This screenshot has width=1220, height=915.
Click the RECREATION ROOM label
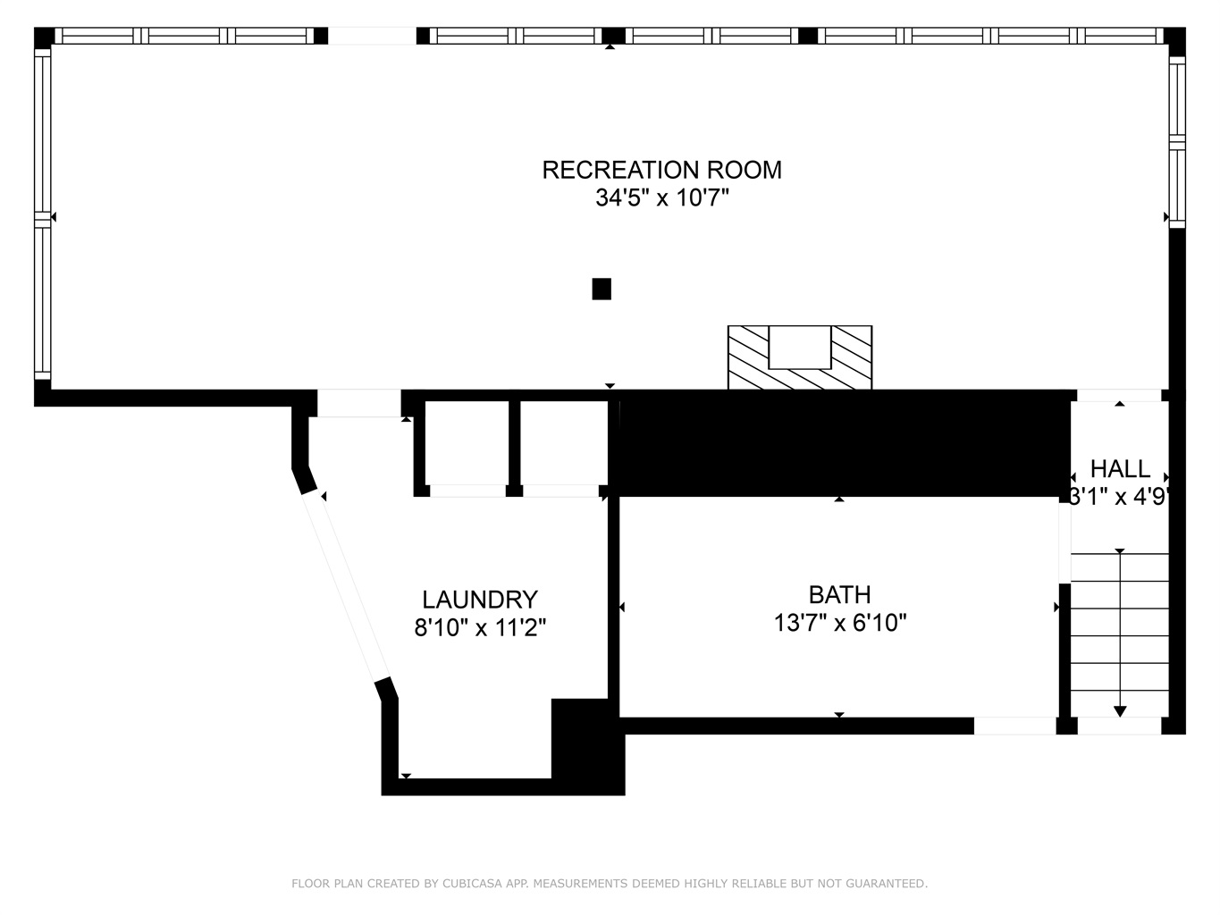click(661, 170)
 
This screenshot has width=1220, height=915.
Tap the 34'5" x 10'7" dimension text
click(661, 197)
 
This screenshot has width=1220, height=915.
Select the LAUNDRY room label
click(480, 600)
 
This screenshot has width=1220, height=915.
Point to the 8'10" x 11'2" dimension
click(480, 628)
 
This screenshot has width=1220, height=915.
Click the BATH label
click(839, 595)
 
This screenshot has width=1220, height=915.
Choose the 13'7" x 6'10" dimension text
click(839, 623)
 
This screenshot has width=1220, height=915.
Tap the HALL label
click(1120, 469)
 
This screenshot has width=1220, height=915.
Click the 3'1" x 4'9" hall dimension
click(1120, 497)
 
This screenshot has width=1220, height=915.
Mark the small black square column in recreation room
click(602, 289)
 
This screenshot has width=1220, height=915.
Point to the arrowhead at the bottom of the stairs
click(1120, 711)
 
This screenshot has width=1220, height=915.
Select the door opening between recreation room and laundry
click(358, 403)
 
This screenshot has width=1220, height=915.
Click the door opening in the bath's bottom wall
click(1014, 726)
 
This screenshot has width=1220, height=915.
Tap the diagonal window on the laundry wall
click(346, 588)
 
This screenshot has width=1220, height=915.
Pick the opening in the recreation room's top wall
click(372, 36)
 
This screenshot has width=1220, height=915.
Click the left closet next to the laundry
click(467, 443)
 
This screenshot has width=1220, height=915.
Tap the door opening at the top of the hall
click(1119, 395)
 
